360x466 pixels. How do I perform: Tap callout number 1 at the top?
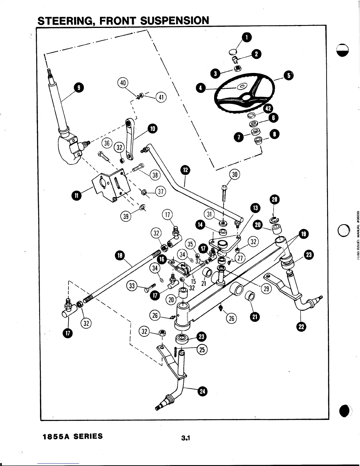click(246, 37)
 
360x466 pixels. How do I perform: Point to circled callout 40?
click(123, 83)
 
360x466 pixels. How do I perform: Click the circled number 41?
click(161, 97)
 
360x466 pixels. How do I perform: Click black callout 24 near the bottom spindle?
click(203, 391)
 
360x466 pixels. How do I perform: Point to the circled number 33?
click(131, 285)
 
